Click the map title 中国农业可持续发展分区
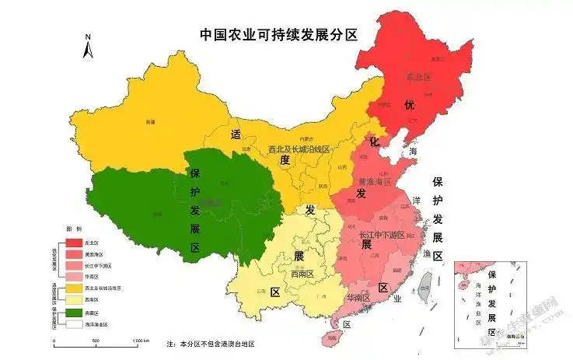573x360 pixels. pos(278,34)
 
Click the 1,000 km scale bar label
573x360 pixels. pos(140,341)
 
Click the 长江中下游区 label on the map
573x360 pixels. pos(381,234)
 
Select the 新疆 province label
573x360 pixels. pos(149,122)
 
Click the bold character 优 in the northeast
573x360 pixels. pos(408,105)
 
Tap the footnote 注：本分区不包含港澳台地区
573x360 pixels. pos(211,344)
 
